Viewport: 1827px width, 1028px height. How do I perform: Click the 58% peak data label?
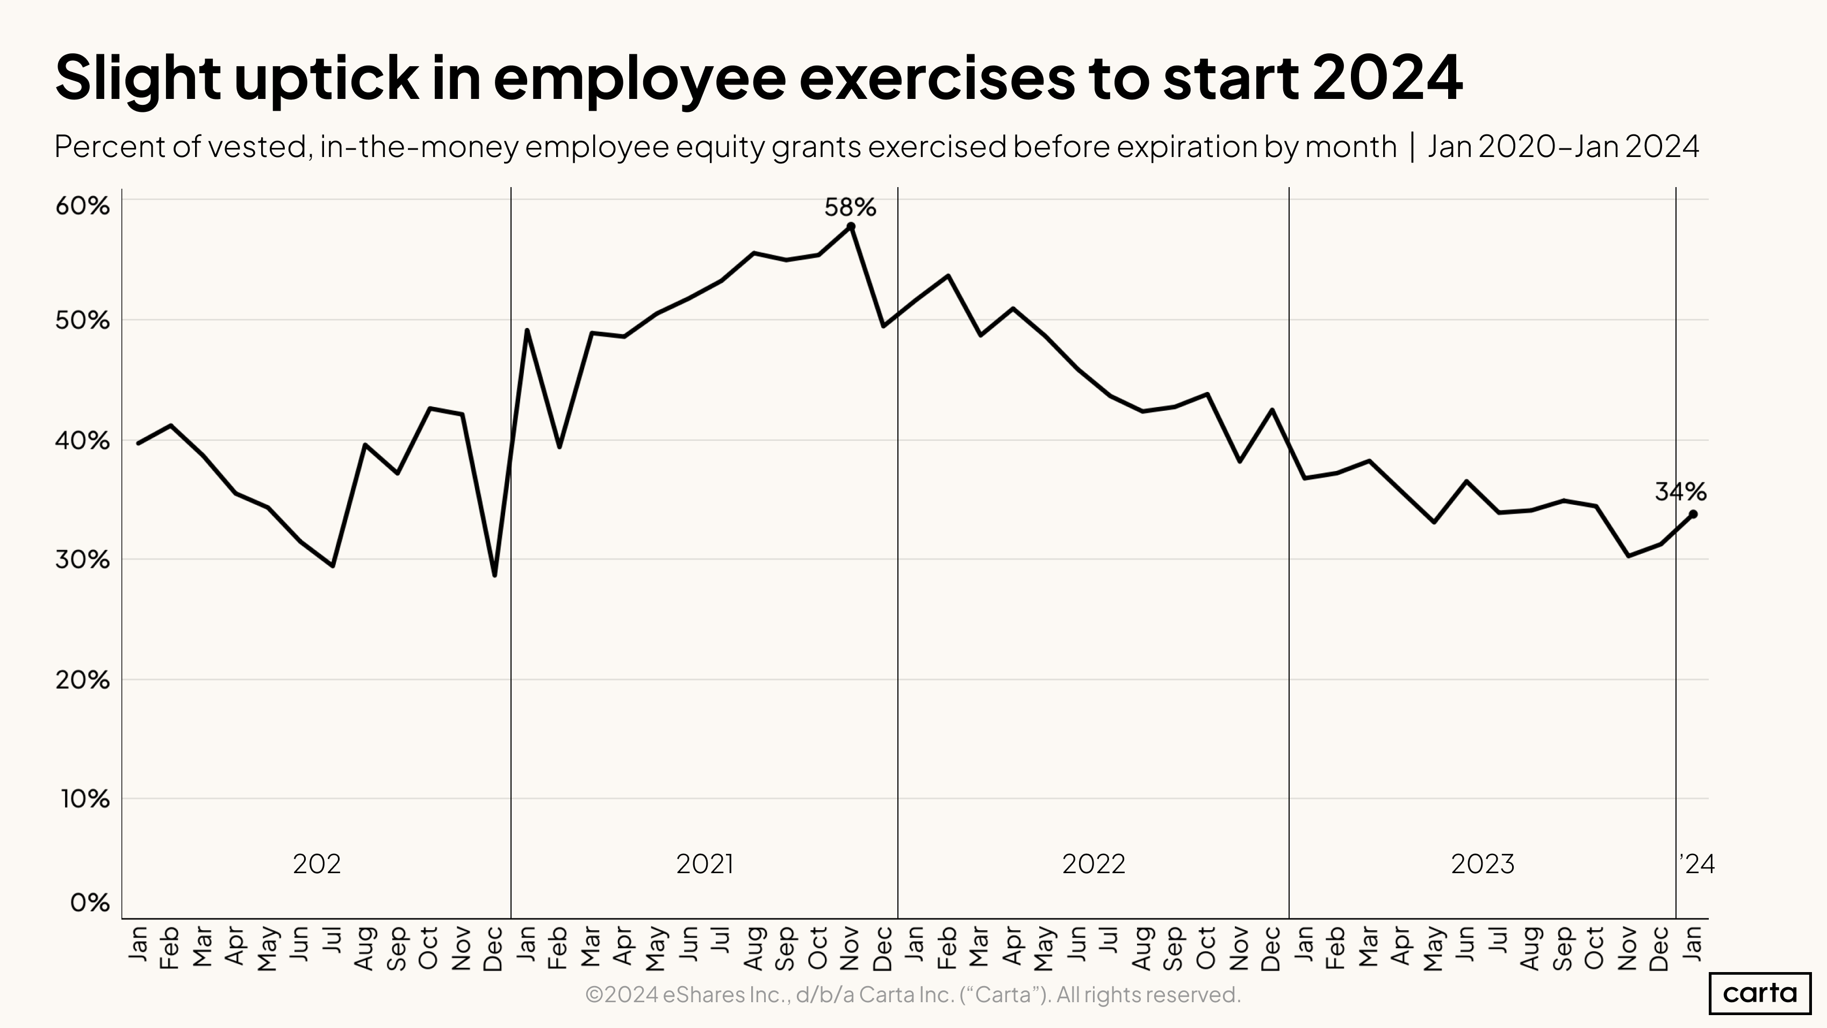(x=850, y=207)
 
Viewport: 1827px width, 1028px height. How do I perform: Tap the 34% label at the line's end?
(x=1680, y=491)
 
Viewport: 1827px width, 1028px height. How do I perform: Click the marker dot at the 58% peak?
(x=851, y=227)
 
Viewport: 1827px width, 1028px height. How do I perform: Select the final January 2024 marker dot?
(x=1693, y=513)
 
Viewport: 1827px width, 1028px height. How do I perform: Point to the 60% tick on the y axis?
(x=83, y=206)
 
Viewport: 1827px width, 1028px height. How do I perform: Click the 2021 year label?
(x=704, y=863)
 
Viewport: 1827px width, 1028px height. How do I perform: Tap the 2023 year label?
(x=1483, y=863)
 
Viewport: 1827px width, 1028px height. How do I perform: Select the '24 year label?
(x=1697, y=863)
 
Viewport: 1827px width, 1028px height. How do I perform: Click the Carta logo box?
(x=1760, y=993)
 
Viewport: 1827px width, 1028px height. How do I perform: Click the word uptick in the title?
(x=326, y=78)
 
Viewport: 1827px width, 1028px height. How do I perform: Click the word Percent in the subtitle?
(x=98, y=147)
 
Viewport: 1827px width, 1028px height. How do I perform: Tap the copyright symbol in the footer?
(x=594, y=995)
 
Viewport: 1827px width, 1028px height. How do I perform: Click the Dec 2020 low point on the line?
(x=494, y=575)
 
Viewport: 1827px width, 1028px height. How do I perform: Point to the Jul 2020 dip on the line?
(x=333, y=566)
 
